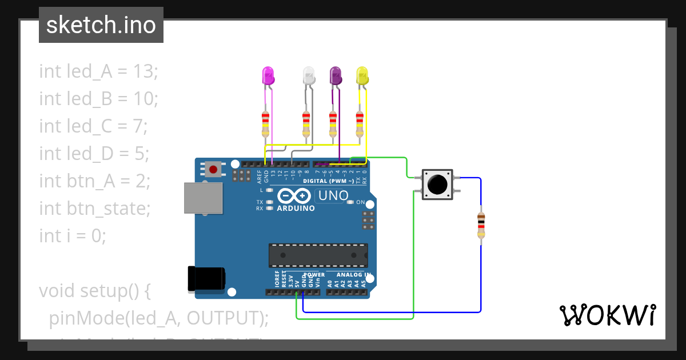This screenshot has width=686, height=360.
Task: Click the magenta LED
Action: pos(268,75)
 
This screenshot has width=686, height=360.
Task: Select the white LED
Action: pos(309,75)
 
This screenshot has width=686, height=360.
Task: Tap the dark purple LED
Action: pos(336,75)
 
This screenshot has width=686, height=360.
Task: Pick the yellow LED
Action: pos(362,75)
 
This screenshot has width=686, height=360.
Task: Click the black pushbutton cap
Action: pos(437,184)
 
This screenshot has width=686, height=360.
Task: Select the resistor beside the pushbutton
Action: pos(481,224)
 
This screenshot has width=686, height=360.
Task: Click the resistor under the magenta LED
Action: pos(265,124)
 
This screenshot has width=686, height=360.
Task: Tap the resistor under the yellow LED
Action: pos(359,124)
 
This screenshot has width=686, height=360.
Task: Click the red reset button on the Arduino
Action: pos(213,169)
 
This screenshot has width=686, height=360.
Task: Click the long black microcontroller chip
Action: pos(318,255)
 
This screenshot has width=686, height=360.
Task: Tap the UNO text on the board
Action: pos(333,196)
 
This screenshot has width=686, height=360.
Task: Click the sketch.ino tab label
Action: pos(101,25)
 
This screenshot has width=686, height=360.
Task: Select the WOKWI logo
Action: pos(607,315)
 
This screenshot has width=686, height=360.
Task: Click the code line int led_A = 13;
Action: pos(98,71)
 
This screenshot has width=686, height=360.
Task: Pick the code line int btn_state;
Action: pos(94,209)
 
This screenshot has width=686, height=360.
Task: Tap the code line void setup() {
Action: pos(94,291)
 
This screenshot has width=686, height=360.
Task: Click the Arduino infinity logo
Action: pos(295,197)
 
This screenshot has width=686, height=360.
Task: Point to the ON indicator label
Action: pos(360,202)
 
